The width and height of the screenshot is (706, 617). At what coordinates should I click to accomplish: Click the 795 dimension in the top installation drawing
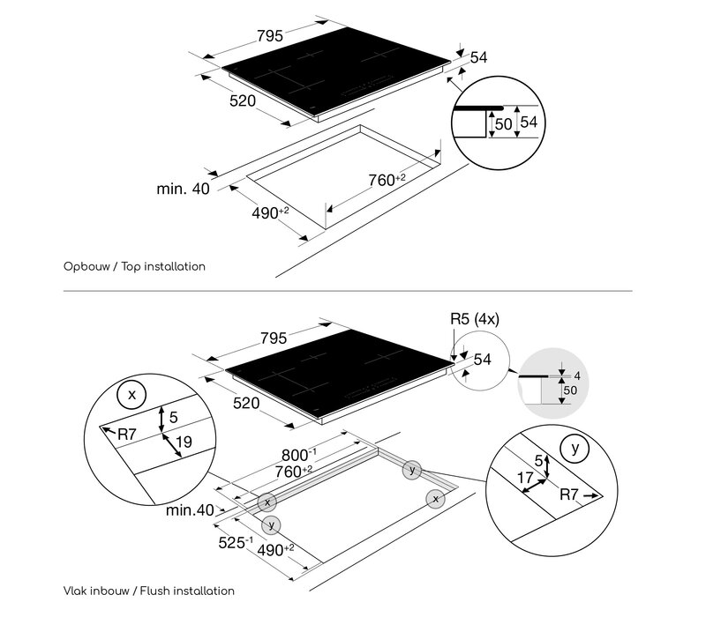270,35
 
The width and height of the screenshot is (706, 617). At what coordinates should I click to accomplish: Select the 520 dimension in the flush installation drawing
246,403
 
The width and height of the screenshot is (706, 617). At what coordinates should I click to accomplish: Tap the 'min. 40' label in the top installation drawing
184,189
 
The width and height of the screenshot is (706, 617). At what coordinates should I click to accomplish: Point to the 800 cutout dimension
299,455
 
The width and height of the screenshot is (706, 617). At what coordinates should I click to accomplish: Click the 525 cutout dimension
236,542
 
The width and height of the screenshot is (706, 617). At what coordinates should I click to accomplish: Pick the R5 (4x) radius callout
475,319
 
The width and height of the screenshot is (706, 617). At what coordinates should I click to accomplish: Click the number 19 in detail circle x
184,442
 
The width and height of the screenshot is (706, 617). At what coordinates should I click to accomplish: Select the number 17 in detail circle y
525,477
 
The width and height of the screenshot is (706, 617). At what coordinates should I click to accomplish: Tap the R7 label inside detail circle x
126,435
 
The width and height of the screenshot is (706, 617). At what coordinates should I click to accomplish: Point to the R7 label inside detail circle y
568,494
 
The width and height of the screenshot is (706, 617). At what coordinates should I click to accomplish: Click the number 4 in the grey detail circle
577,375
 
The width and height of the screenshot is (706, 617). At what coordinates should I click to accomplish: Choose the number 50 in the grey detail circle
570,390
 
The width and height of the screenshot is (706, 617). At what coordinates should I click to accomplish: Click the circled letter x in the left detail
131,394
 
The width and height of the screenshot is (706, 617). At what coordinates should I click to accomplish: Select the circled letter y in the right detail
575,449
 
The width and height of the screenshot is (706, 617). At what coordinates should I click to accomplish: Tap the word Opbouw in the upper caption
86,267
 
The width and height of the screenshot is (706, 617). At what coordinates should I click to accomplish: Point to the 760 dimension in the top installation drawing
387,180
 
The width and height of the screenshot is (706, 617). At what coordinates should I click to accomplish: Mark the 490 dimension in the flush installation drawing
275,549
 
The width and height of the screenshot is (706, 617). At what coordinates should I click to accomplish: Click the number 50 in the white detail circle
503,123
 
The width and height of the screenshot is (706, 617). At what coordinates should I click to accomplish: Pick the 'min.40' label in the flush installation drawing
190,510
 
